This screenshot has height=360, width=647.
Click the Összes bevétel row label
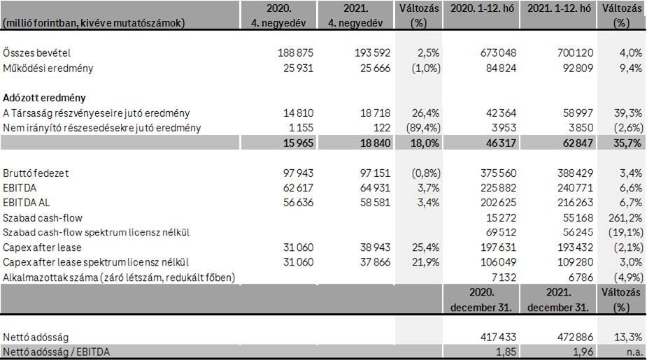pyautogui.click(x=36, y=53)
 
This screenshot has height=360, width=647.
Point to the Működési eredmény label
pyautogui.click(x=48, y=68)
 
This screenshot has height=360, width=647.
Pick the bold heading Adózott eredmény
pyautogui.click(x=45, y=98)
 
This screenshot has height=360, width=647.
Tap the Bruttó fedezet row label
pyautogui.click(x=36, y=173)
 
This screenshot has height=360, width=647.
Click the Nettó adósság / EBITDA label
pyautogui.click(x=57, y=352)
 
